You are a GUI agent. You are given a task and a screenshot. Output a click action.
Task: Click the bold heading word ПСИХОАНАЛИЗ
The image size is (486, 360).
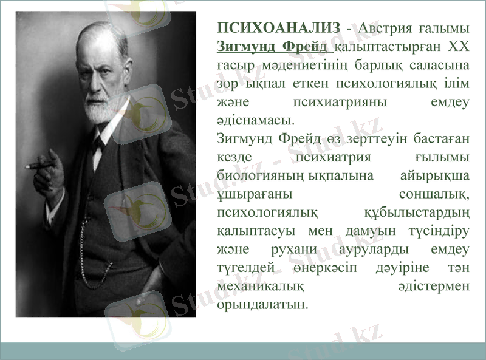(x=278, y=28)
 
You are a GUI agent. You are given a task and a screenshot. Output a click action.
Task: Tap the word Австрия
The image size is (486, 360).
(x=383, y=28)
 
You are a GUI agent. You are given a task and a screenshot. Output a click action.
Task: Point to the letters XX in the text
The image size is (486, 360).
(x=459, y=46)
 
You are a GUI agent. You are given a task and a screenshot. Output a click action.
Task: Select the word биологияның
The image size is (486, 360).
(x=261, y=175)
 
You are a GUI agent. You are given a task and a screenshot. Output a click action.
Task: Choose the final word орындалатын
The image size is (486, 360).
(x=262, y=304)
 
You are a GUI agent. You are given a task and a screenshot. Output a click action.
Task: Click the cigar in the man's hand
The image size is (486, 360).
(x=36, y=165)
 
